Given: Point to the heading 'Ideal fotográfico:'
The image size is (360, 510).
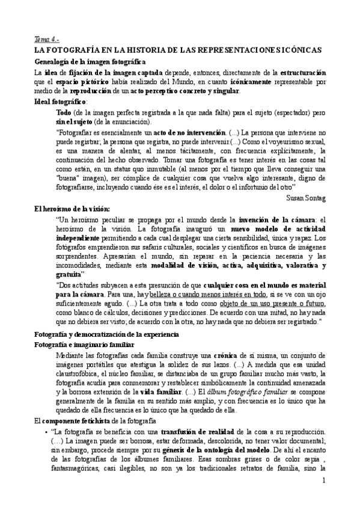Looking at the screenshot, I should point(61,102).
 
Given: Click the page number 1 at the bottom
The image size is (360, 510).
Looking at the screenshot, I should point(323,497).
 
